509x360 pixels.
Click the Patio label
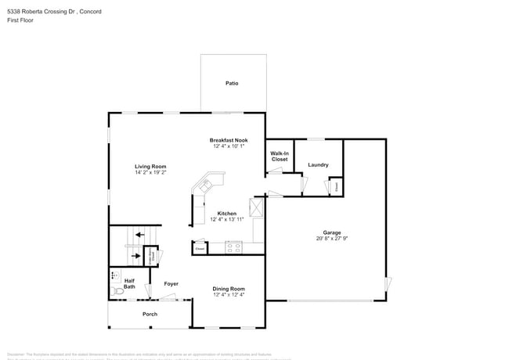tap(232, 83)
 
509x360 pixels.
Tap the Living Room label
tap(150, 167)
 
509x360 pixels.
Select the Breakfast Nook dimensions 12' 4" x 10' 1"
tap(229, 146)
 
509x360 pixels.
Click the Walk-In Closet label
tap(280, 156)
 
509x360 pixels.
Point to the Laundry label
tap(318, 164)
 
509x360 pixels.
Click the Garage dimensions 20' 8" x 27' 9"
tap(332, 238)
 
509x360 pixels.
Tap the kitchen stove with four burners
tap(233, 248)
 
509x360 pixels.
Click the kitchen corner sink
tap(207, 185)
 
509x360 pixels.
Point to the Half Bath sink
tap(114, 275)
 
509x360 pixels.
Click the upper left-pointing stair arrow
tap(139, 233)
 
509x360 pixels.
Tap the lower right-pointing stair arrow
tap(138, 255)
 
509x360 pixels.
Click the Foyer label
tap(171, 283)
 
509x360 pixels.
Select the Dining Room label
tap(229, 289)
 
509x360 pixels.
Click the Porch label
tap(150, 314)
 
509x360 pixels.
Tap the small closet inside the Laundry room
tap(336, 187)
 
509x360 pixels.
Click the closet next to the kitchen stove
tap(200, 248)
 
